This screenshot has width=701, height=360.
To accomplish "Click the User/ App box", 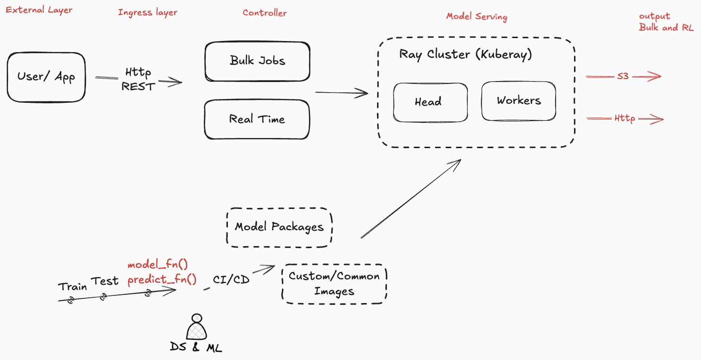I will (46, 77).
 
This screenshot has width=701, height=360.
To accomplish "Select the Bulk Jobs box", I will (257, 61).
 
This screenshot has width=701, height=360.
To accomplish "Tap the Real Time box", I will (257, 119).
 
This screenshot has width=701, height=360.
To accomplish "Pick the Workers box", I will (519, 101).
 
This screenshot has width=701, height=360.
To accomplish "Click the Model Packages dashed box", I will (279, 227).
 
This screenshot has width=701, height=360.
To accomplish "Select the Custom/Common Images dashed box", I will (334, 284).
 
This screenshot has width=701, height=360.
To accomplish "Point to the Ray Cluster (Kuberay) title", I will (465, 54).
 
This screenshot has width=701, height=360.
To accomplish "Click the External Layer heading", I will (39, 10).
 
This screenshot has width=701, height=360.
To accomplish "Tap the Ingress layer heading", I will (147, 12).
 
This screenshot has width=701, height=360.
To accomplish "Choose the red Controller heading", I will (265, 13).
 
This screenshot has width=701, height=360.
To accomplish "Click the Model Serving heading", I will (477, 16).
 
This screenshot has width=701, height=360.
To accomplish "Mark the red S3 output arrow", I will (623, 76).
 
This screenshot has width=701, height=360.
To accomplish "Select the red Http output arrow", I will (625, 118).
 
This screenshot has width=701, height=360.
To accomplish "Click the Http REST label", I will (138, 80).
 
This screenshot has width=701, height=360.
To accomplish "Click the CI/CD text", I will (231, 279).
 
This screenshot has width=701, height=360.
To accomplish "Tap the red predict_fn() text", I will (162, 279).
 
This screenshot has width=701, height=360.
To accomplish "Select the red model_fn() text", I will (157, 264).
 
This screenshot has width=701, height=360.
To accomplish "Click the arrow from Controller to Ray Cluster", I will (341, 93).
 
